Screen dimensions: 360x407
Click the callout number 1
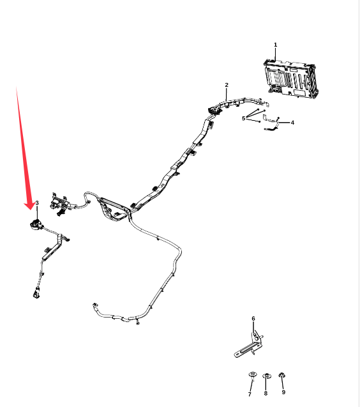point(276,45)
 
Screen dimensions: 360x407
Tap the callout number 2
point(227,85)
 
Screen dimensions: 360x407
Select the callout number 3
point(37,203)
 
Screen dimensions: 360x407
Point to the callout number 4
point(292,123)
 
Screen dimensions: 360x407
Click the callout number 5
point(243,118)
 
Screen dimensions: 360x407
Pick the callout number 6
point(253,318)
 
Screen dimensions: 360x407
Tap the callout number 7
point(250,394)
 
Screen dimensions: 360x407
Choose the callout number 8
point(266,393)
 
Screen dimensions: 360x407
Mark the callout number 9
point(283,392)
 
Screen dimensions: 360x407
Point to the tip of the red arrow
point(30,210)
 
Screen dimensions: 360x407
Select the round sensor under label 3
point(36,225)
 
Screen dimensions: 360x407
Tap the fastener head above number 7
point(253,374)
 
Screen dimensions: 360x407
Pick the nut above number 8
point(266,376)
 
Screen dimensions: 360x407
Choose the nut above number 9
point(282,375)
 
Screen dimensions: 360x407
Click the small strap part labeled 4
point(271,122)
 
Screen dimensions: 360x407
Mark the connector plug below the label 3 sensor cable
point(36,293)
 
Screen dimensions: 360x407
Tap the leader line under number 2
point(227,95)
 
